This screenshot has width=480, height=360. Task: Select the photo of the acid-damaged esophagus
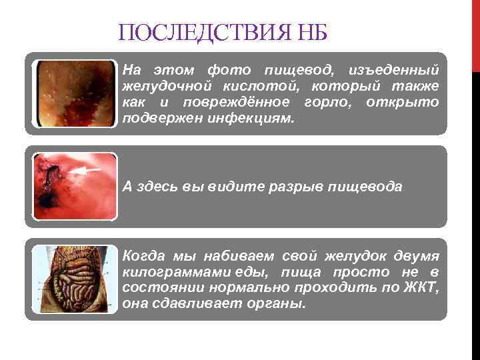[x=75, y=95]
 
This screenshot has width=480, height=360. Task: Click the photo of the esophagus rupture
[x=75, y=187]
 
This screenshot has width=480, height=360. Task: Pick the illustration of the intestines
[x=75, y=279]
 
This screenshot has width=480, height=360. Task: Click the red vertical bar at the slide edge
[x=475, y=33]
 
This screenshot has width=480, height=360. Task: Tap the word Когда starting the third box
[x=141, y=255]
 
